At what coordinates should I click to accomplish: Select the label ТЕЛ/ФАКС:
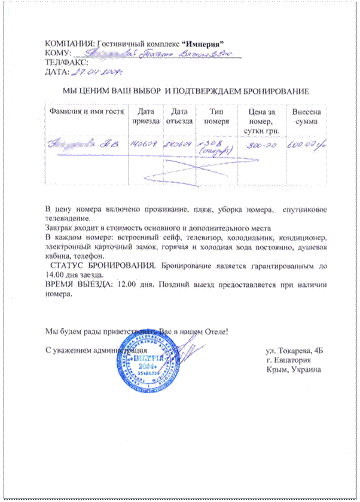tap(67, 62)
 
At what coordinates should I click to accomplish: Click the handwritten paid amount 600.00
tap(306, 144)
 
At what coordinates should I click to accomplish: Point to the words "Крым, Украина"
tap(295, 369)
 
